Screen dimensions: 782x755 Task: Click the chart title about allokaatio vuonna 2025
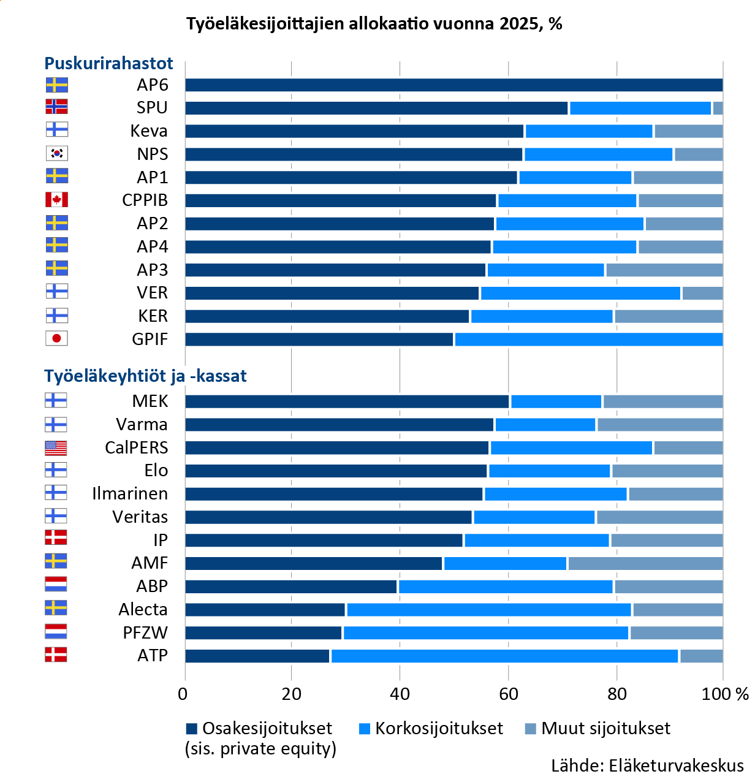tap(374, 24)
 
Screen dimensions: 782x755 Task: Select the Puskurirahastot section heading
tap(108, 63)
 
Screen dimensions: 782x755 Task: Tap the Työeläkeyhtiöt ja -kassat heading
tap(145, 376)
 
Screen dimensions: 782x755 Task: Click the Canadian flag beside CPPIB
tap(56, 200)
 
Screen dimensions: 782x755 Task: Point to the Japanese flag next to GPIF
tap(56, 338)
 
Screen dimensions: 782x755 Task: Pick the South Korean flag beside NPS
tap(56, 153)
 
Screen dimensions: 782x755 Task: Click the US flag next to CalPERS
tap(56, 447)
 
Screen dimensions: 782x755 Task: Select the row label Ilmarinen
tap(129, 494)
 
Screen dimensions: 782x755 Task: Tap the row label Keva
tap(149, 131)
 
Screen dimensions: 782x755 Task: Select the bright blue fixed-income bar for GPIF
tap(588, 340)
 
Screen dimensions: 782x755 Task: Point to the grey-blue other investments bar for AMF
tap(645, 563)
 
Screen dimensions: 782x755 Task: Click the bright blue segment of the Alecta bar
tap(489, 610)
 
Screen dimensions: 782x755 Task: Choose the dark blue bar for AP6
tap(453, 85)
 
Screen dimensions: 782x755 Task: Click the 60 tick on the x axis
tap(508, 694)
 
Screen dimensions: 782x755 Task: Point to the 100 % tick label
tap(725, 694)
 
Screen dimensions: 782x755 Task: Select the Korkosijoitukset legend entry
tap(431, 729)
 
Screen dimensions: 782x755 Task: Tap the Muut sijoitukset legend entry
tap(598, 729)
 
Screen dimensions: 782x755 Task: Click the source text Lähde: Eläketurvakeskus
tap(647, 765)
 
